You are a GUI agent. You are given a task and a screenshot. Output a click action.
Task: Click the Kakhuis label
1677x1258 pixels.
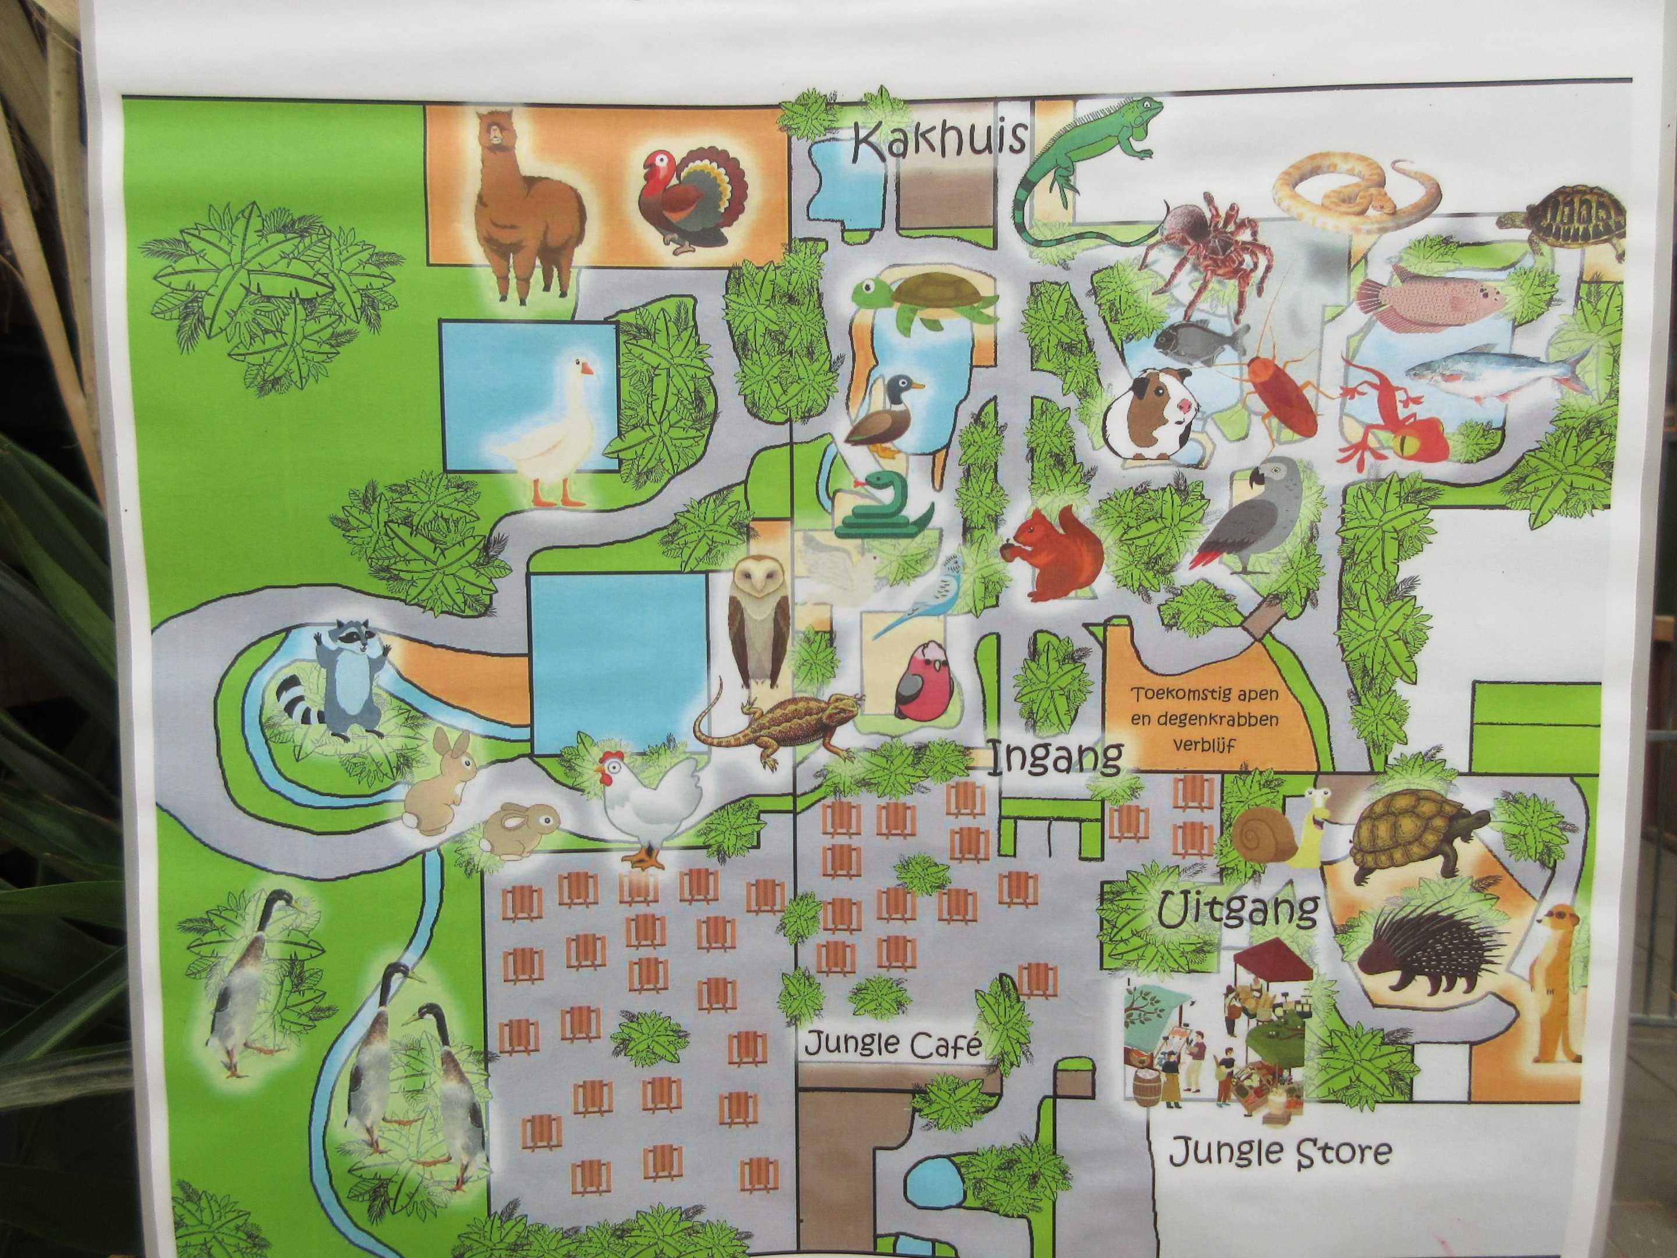coord(940,142)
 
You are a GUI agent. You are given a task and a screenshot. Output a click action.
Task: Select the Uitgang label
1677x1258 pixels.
coord(1238,909)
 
